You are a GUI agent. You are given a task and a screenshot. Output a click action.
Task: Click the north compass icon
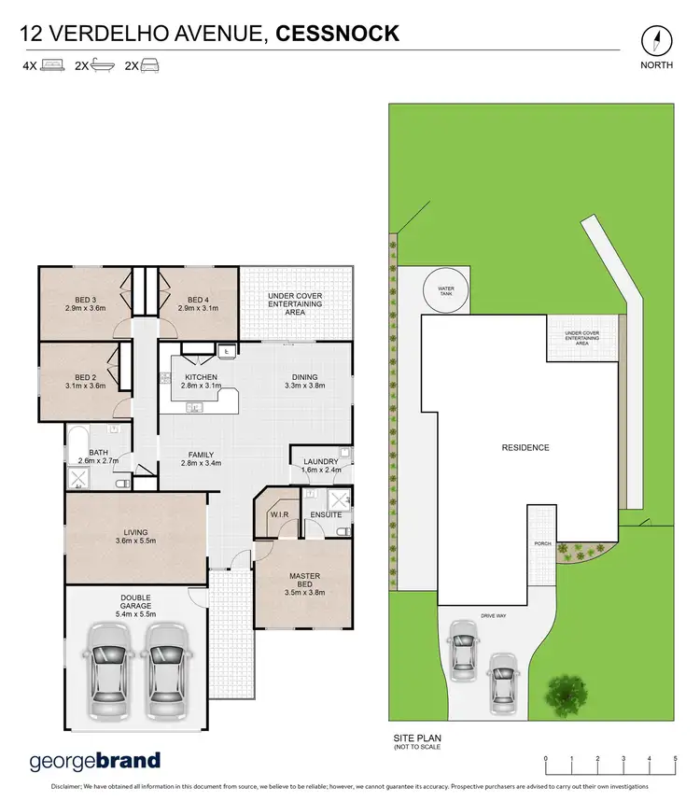tap(658, 42)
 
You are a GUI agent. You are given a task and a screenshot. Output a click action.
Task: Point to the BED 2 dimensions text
tap(85, 385)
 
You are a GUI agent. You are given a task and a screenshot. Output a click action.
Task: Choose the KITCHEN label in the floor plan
tap(201, 378)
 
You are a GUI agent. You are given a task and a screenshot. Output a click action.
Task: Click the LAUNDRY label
tap(320, 461)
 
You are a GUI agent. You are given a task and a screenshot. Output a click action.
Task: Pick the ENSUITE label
tap(326, 514)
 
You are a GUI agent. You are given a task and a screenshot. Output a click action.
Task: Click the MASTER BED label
tap(304, 582)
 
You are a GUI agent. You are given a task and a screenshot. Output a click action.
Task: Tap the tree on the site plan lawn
tap(565, 694)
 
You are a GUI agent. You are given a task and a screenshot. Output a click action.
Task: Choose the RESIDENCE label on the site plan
tap(525, 448)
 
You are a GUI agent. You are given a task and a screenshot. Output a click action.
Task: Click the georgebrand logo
tap(95, 760)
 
